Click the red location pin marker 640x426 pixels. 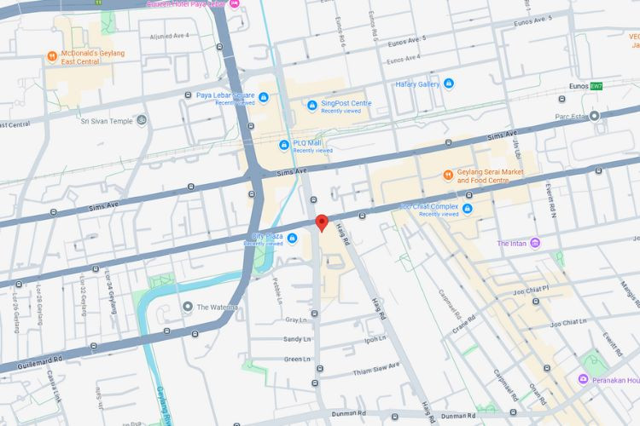click(322, 222)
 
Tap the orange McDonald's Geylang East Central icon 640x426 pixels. click(52, 57)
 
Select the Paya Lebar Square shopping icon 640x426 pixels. click(263, 96)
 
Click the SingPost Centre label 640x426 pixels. click(346, 103)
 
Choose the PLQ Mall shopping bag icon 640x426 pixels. click(284, 144)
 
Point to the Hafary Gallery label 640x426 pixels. click(417, 84)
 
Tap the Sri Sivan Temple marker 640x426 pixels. click(141, 120)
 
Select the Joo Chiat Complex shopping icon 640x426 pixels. click(468, 208)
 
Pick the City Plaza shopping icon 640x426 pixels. click(292, 237)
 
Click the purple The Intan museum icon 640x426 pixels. click(535, 244)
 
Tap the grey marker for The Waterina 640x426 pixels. click(187, 307)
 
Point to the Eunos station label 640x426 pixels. click(579, 86)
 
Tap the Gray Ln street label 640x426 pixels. click(295, 319)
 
